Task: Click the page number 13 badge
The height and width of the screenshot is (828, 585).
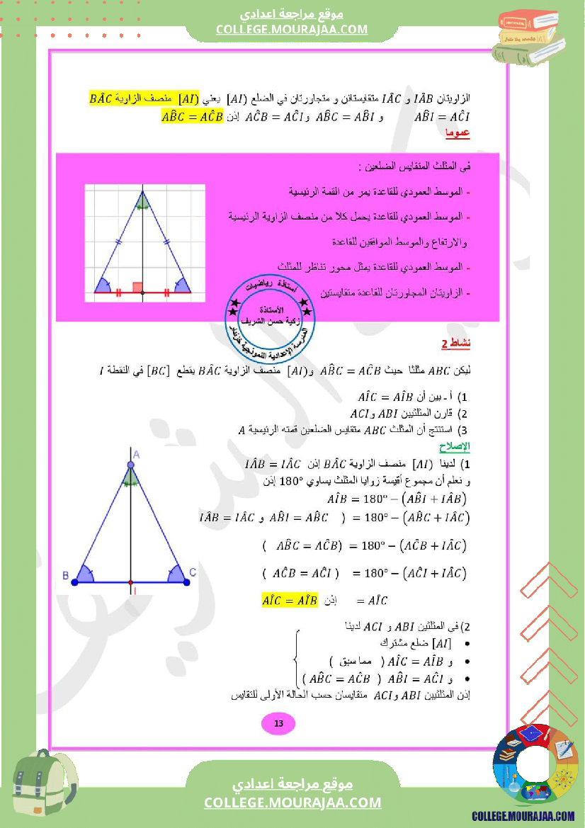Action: [278, 723]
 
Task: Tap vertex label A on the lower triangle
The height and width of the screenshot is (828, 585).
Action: [136, 454]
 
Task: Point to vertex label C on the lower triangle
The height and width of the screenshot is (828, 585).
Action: [193, 572]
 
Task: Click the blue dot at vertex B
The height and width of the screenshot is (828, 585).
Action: [74, 582]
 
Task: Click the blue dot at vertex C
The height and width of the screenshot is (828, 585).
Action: [186, 582]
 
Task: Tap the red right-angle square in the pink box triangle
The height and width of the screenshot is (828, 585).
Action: [138, 287]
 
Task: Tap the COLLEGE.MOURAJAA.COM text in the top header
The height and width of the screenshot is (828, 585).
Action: [292, 29]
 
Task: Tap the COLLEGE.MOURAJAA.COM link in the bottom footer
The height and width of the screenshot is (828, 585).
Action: [292, 803]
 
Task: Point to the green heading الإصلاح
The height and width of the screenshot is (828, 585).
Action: [455, 448]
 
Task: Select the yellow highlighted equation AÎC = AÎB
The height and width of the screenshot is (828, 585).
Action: [290, 600]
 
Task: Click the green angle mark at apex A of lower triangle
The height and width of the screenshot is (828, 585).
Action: [130, 480]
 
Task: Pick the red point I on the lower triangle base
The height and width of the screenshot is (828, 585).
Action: [130, 582]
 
